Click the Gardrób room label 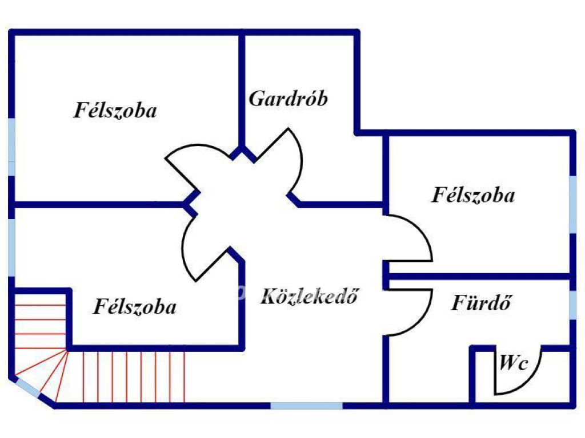(x=289, y=99)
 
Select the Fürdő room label (x=481, y=302)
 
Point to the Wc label (x=514, y=363)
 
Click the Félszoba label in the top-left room (x=115, y=110)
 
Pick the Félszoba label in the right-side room (x=473, y=195)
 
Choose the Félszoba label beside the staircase (x=135, y=307)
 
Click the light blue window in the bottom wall (x=306, y=405)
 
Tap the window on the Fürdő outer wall (x=572, y=305)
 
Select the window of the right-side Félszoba (x=572, y=204)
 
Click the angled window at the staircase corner (x=26, y=388)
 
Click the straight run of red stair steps (x=134, y=376)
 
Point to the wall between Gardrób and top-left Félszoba (x=242, y=91)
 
